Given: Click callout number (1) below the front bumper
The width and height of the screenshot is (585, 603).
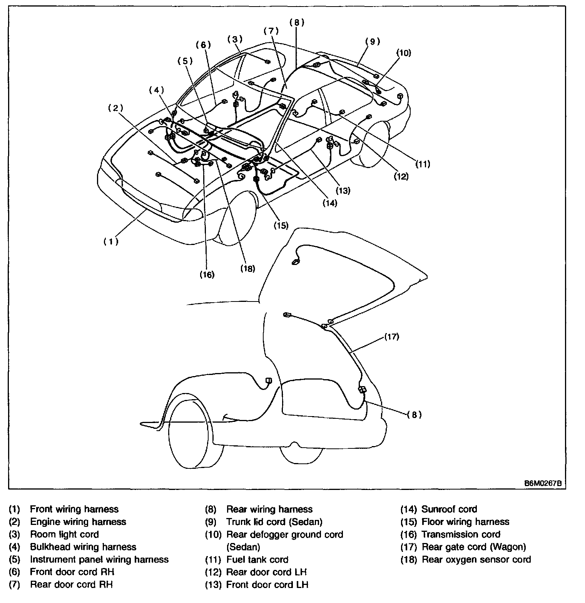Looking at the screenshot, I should click(111, 242).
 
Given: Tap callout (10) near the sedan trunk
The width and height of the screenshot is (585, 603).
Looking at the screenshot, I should click(404, 53).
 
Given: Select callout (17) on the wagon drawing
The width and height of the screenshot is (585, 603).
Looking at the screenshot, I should click(392, 337).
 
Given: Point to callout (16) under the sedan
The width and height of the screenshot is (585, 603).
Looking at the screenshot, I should click(207, 275).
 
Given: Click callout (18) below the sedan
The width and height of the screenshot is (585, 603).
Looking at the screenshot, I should click(248, 269).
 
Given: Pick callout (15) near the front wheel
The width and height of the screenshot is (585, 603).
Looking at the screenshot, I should click(281, 225).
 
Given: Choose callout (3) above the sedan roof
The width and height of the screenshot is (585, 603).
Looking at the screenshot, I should click(235, 39).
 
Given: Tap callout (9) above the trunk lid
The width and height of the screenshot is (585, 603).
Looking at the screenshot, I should click(373, 41).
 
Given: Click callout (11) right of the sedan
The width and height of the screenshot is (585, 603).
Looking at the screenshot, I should click(422, 164).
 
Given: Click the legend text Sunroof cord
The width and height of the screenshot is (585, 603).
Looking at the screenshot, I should click(449, 509).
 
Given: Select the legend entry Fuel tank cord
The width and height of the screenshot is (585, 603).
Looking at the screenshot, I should click(257, 560).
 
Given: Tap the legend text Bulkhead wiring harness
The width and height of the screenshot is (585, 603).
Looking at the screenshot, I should click(83, 547).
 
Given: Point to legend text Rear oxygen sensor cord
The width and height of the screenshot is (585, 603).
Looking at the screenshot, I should click(476, 560).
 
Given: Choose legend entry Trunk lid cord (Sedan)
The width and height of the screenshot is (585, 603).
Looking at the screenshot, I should click(274, 522).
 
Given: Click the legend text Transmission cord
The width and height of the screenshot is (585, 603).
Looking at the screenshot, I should click(461, 535).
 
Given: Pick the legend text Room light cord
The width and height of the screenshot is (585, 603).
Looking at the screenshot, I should click(64, 535).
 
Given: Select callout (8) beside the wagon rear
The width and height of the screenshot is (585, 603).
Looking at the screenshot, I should click(414, 415).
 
